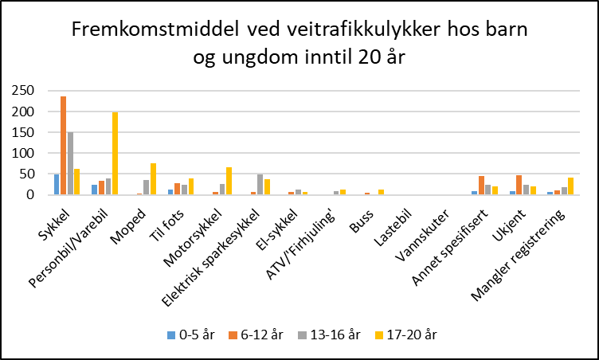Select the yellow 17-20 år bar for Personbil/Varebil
(x=115, y=154)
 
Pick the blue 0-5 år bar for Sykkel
(x=57, y=184)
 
